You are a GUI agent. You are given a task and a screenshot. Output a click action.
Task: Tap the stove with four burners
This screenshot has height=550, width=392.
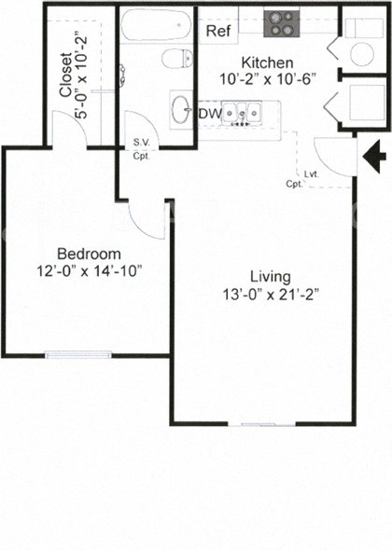(x=279, y=22)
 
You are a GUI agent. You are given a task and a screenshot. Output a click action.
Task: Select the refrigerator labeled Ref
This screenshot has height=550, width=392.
(x=217, y=31)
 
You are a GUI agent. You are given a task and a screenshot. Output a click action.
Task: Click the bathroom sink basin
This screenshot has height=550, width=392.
(x=180, y=110)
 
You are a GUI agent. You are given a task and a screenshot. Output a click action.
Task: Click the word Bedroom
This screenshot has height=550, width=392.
(x=89, y=254)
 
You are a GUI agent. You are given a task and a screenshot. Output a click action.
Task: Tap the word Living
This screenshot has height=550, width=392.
(x=271, y=277)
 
